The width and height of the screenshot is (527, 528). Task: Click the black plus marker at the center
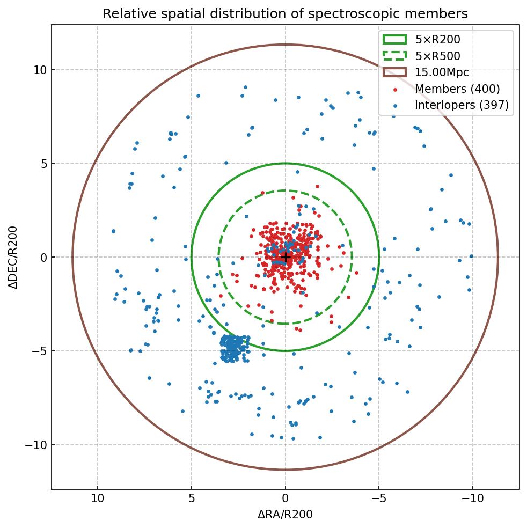coord(286,258)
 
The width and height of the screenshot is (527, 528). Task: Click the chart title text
coord(285,13)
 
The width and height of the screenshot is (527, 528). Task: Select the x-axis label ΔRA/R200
coord(285,515)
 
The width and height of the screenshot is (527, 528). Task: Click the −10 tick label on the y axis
coord(35,445)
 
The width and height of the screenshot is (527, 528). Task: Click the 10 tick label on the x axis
coord(98,498)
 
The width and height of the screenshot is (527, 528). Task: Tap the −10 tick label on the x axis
coord(472,498)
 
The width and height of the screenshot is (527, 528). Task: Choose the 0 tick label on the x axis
coord(286,498)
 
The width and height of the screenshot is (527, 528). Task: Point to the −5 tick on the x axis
coord(379,498)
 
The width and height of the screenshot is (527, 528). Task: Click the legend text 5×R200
coord(437,39)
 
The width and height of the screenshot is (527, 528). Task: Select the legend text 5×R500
coord(437,56)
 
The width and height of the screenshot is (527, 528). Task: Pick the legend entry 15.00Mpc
coord(442,72)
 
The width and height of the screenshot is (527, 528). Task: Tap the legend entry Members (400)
coord(457,89)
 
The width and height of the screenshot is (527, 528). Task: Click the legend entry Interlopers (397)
coord(462,105)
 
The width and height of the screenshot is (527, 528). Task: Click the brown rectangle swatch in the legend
coord(394,72)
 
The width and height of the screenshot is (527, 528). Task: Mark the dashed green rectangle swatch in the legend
coord(394,56)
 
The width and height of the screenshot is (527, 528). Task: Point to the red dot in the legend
coord(395,90)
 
